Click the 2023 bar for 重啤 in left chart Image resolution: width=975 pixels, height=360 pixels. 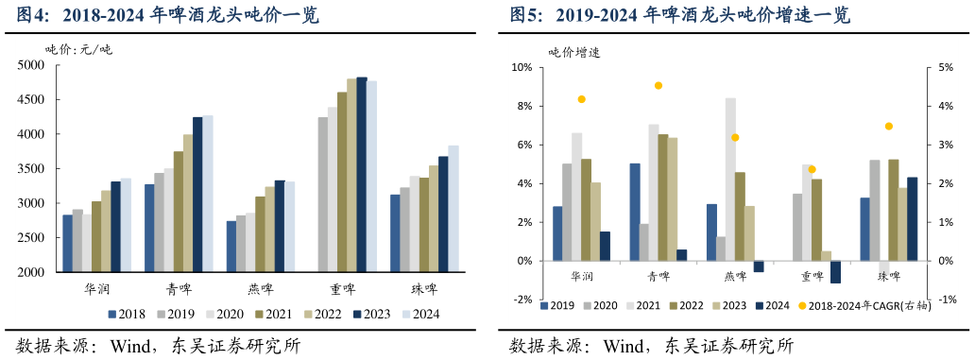(x=361, y=175)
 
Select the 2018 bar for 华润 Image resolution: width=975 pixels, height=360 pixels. (x=68, y=244)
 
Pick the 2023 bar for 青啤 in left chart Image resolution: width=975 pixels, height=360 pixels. (x=197, y=195)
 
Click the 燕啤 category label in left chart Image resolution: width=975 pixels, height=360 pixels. (x=255, y=287)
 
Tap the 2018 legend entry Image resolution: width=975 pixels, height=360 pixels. (x=125, y=315)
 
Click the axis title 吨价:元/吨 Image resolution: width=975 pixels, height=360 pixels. (x=78, y=49)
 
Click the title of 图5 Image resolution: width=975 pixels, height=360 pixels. (x=680, y=15)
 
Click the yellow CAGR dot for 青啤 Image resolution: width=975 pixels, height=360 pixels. (x=659, y=86)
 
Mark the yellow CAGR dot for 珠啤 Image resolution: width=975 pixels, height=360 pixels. (x=888, y=127)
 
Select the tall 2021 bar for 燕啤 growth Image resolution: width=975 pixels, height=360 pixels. (x=730, y=180)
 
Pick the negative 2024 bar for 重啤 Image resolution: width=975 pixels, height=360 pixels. (x=835, y=272)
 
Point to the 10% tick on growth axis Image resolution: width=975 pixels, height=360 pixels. (x=522, y=68)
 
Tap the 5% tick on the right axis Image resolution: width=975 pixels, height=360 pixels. (x=945, y=68)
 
